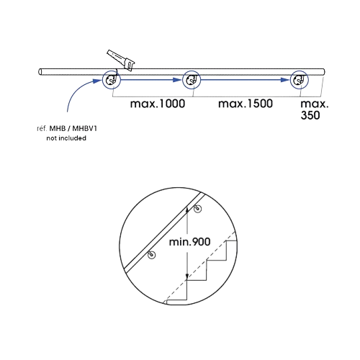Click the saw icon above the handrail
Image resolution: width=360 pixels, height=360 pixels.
pyautogui.click(x=121, y=60)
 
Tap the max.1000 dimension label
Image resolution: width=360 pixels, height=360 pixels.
pyautogui.click(x=158, y=104)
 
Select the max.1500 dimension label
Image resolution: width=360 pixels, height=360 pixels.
pyautogui.click(x=246, y=104)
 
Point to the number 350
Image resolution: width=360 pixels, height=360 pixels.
pyautogui.click(x=310, y=115)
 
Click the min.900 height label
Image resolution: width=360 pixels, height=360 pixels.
pyautogui.click(x=189, y=242)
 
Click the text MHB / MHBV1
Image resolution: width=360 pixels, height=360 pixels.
pyautogui.click(x=73, y=129)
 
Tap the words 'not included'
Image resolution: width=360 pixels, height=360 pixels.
pyautogui.click(x=66, y=138)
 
